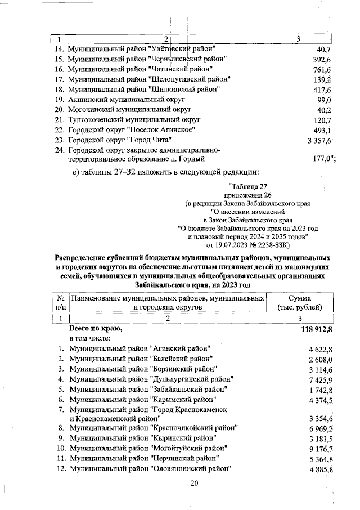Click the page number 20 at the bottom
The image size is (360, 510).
195,483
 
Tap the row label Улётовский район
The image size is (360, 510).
146,49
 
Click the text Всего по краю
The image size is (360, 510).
95,328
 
